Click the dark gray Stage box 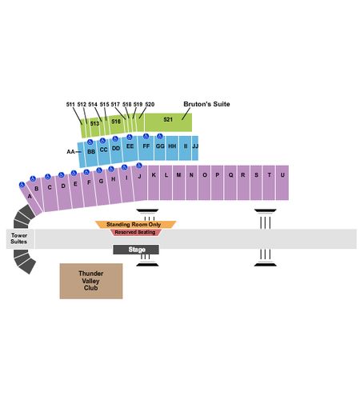pos(136,250)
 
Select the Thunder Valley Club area pos(91,281)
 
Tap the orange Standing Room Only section pos(135,225)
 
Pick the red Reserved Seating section pos(135,232)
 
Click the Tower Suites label pos(19,238)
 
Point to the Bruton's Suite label pos(206,104)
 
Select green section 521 pos(168,122)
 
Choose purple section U pos(282,182)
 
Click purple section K pos(154,182)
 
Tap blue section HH pos(172,148)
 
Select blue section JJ pos(195,148)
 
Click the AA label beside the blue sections pos(70,152)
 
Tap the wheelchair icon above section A pos(22,185)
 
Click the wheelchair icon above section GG pos(160,136)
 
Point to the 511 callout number pos(70,104)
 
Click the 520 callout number pos(150,104)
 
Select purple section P pos(218,182)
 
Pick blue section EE pos(130,149)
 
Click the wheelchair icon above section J pos(139,166)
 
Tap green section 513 pos(94,126)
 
